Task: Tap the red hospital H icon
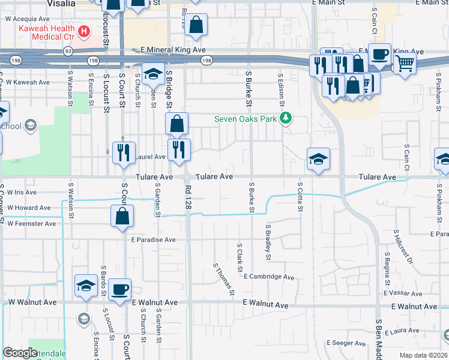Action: point(85,30)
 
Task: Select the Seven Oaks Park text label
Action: point(246,119)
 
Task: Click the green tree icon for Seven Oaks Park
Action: point(287,118)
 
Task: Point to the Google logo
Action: point(19,352)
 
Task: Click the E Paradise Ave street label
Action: point(153,239)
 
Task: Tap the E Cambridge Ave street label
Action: point(269,277)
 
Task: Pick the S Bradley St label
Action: point(268,242)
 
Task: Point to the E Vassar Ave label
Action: point(419,292)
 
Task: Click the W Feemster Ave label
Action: point(31,223)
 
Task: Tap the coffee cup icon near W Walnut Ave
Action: point(121,290)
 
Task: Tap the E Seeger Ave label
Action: point(346,344)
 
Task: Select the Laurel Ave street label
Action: point(150,157)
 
